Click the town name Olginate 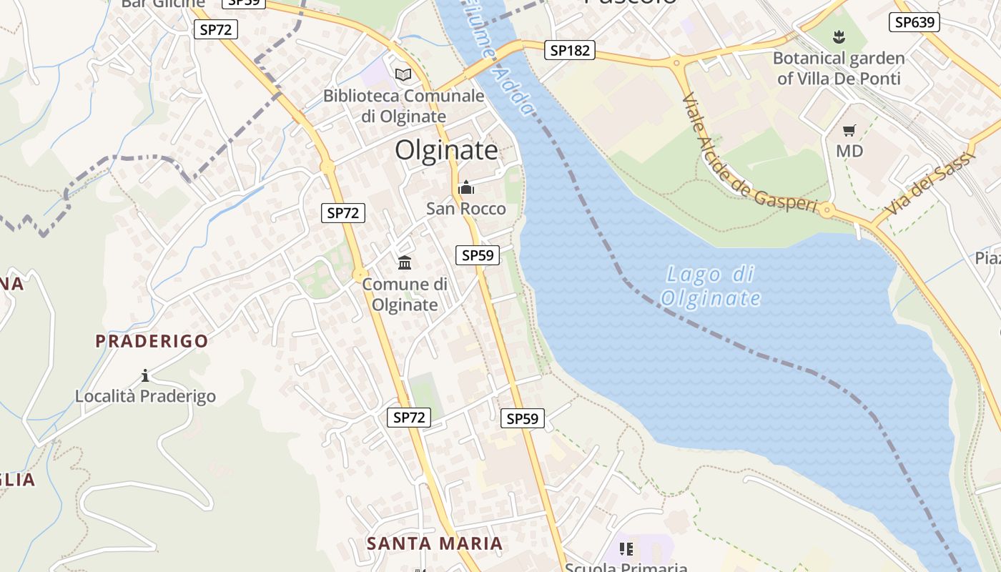[x=446, y=150]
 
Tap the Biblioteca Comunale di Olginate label [x=404, y=105]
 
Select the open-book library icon [x=403, y=74]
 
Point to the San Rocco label [x=465, y=209]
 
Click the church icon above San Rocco [x=466, y=188]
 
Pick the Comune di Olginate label [x=405, y=294]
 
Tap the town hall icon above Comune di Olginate [x=405, y=262]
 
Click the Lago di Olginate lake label [x=711, y=286]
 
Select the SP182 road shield [x=569, y=50]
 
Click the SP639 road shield [x=914, y=22]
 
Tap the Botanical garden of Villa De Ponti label [x=839, y=68]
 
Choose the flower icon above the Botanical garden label [x=839, y=36]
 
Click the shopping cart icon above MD [x=849, y=130]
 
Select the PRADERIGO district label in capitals [x=152, y=341]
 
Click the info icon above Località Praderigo [x=145, y=375]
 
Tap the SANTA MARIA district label [x=435, y=543]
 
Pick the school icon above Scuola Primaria [x=626, y=549]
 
